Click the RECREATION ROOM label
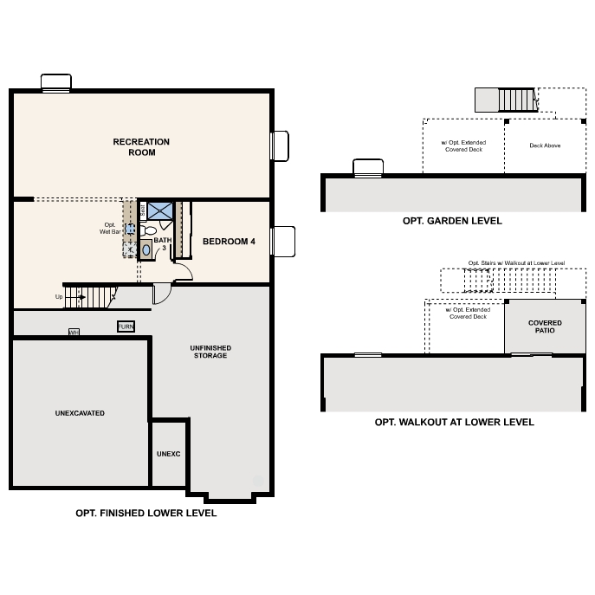141,147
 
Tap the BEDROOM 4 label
229,242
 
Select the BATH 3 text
163,243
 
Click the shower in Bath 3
160,210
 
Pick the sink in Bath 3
146,249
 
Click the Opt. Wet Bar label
109,229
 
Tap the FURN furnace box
126,326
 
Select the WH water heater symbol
74,332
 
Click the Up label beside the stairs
59,297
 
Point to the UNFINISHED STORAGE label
210,351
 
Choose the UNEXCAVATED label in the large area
79,413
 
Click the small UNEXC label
168,453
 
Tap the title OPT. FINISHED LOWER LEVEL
146,513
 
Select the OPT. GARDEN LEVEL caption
452,221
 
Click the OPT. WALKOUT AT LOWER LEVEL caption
454,422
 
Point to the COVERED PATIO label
545,327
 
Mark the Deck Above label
545,146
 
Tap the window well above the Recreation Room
56,81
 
